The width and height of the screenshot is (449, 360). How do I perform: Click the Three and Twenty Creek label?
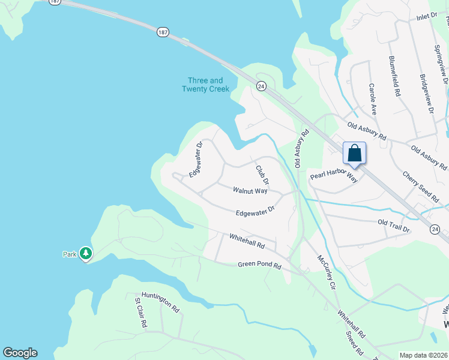205,85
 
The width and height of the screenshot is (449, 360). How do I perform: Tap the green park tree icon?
86,254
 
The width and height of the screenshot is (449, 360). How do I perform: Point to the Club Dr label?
262,175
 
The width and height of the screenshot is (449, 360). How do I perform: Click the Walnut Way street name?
250,191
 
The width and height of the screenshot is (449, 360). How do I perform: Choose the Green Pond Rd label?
259,264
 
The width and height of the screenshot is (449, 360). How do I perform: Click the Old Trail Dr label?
393,226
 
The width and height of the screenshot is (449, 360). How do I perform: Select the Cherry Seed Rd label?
421,185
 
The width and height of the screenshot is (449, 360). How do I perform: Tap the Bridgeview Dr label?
427,93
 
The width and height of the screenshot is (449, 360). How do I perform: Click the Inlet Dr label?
427,17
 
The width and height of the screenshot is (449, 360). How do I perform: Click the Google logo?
20,353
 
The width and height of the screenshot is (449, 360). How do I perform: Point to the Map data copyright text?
423,355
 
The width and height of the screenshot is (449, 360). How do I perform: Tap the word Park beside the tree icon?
70,254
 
